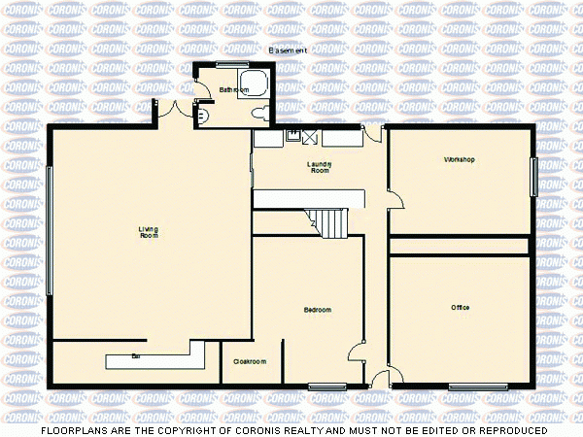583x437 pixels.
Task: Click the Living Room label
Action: tap(148, 232)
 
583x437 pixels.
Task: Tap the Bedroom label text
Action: tap(318, 310)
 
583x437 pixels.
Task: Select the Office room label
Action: tap(460, 308)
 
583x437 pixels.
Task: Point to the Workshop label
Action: tap(459, 159)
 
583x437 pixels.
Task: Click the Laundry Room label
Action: tap(320, 167)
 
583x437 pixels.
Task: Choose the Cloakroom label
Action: tap(250, 362)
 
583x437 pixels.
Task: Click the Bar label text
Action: tap(136, 356)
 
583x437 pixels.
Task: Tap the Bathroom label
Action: tap(234, 89)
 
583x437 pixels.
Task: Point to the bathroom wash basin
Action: tap(202, 113)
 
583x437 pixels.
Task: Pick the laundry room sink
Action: tap(292, 137)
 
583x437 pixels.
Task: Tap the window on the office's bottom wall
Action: tap(477, 387)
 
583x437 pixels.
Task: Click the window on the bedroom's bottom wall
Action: tap(321, 387)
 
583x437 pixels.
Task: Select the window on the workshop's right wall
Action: tap(533, 178)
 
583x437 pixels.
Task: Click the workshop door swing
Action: tap(398, 199)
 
